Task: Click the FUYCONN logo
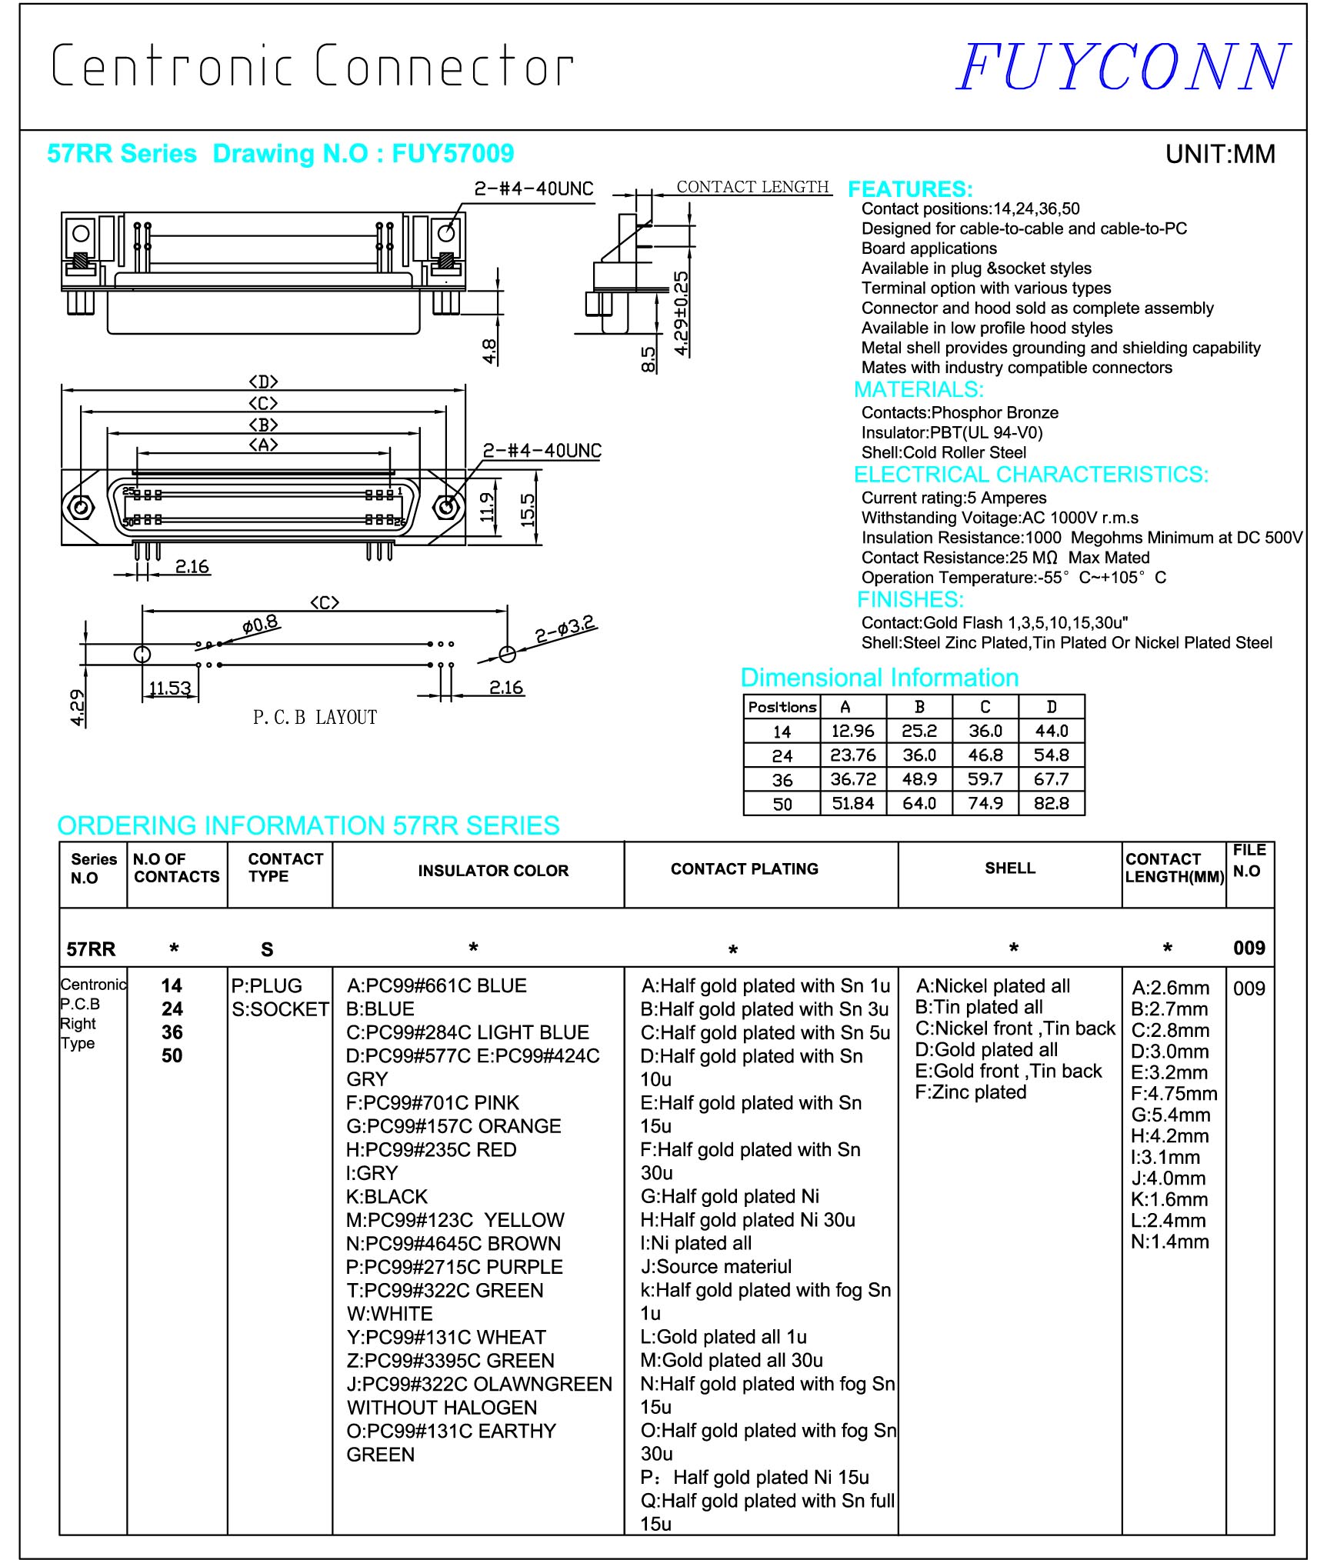(1122, 67)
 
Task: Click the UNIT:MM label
(1220, 155)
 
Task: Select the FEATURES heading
(909, 189)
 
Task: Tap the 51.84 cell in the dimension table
(852, 804)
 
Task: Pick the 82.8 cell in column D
(1051, 804)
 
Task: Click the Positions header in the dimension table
(782, 707)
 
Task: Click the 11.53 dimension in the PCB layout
(169, 688)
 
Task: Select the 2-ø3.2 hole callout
(565, 630)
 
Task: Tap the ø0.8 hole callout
(260, 624)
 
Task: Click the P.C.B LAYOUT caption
(315, 718)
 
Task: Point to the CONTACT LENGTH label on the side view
(752, 187)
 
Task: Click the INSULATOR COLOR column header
(493, 871)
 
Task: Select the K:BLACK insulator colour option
(386, 1197)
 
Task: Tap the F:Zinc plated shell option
(970, 1092)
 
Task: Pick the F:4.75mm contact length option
(1173, 1094)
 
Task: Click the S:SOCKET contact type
(280, 1009)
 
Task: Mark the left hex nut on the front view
(79, 507)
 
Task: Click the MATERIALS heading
(919, 389)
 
